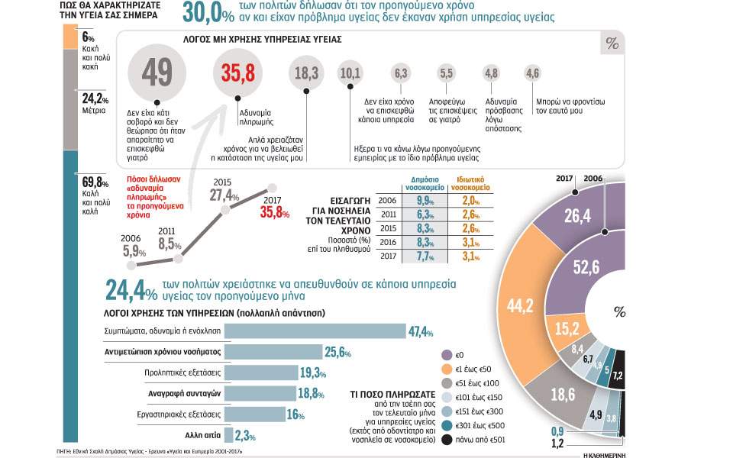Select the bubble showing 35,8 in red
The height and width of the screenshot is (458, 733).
pos(237,74)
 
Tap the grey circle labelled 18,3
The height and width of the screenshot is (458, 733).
pos(306,73)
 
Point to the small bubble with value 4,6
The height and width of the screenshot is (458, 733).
pos(532,73)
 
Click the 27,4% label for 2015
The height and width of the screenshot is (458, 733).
pos(225,194)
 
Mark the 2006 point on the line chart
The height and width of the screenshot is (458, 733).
pos(131,264)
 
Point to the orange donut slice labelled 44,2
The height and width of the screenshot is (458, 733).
pos(520,305)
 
